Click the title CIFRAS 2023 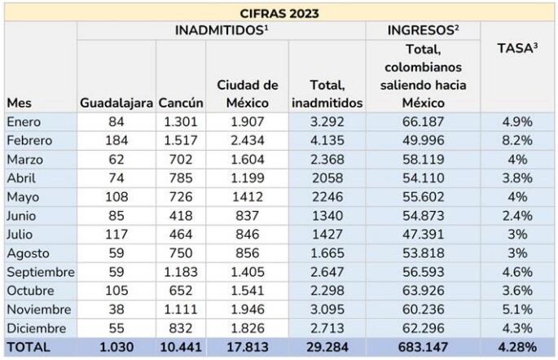click(279, 13)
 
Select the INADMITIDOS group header click(221, 31)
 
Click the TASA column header click(517, 49)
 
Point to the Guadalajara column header click(116, 103)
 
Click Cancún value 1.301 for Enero click(179, 121)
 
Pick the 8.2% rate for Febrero click(517, 139)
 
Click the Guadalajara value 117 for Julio click(116, 233)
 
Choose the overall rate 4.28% click(517, 347)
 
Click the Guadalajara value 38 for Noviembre click(116, 308)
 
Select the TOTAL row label click(29, 347)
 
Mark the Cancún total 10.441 click(179, 347)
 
